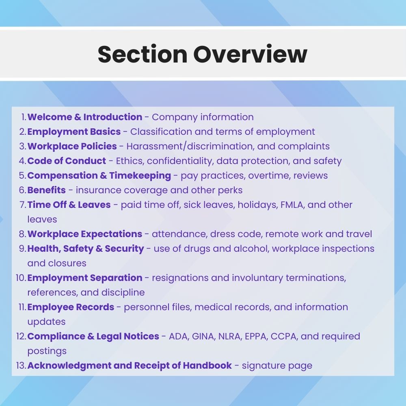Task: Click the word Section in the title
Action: (143, 54)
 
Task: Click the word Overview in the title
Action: (250, 54)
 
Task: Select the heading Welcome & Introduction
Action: (85, 117)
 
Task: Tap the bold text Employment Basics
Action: (74, 132)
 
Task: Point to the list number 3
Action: (23, 146)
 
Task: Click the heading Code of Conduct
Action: (67, 161)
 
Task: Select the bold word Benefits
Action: (47, 190)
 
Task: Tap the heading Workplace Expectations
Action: (85, 234)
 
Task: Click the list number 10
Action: (21, 278)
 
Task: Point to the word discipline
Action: (123, 293)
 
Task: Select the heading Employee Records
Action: (71, 307)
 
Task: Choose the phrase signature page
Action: (277, 366)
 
